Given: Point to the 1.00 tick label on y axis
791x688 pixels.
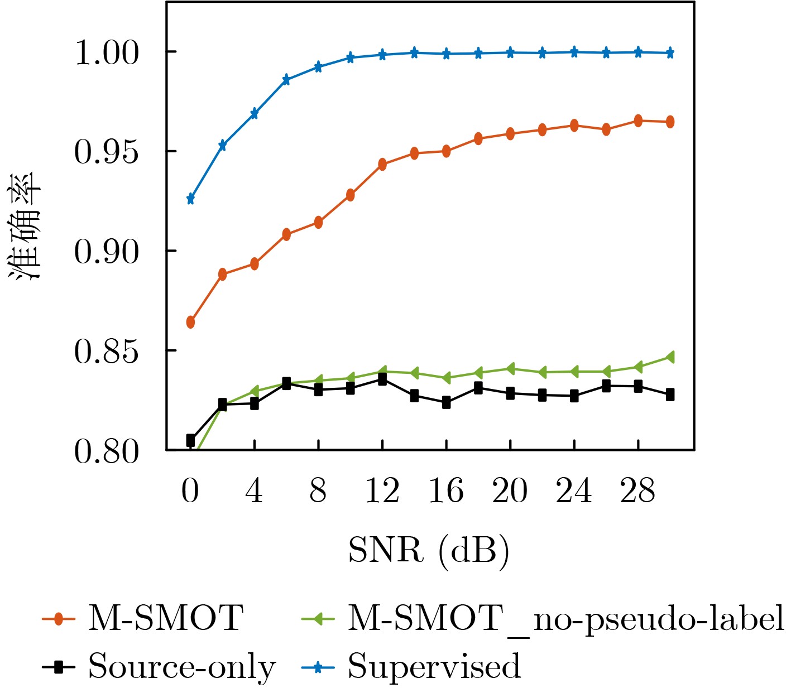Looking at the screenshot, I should click(106, 54).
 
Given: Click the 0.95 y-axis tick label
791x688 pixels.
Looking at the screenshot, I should click(106, 152).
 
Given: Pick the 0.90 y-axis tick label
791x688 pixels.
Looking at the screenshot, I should click(106, 252).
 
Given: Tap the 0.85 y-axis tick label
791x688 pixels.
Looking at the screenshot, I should click(106, 352).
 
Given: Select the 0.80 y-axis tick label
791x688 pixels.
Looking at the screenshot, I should click(106, 451).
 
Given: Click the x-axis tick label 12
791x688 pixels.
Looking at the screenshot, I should click(382, 492).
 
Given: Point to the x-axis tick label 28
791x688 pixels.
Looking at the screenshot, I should click(637, 492).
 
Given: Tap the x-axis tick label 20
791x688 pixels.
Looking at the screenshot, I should click(510, 492).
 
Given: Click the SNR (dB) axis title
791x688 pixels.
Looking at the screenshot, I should click(429, 551).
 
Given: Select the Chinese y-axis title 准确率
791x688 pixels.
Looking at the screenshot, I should click(25, 225).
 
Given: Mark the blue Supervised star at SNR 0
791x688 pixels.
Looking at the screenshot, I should click(190, 199).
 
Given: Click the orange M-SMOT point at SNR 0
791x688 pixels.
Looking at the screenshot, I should click(190, 322).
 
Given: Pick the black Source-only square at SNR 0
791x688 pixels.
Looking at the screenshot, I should click(190, 440).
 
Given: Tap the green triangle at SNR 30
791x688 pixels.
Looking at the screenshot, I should click(670, 357).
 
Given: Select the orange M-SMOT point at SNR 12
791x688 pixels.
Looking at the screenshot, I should click(382, 164).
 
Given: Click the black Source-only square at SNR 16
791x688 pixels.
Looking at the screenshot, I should click(447, 402).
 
